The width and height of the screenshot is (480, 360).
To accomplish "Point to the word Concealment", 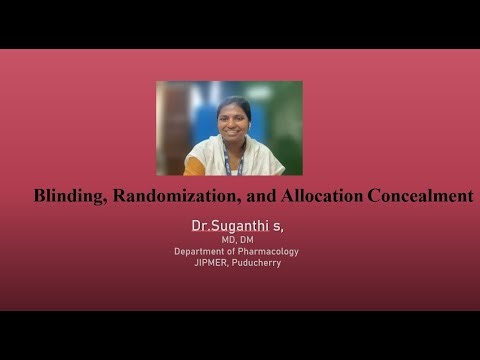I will point(420,196).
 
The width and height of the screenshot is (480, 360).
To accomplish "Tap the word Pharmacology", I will point(266,251).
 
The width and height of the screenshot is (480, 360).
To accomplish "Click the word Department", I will point(203,251).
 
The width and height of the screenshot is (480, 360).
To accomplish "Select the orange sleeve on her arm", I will point(192,162).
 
